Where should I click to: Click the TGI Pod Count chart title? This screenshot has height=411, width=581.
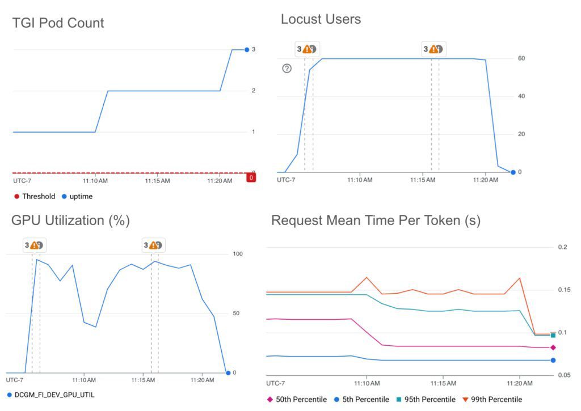tap(58, 23)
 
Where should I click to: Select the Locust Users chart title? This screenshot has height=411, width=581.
tap(321, 19)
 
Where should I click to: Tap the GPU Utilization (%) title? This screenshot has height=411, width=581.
tap(70, 221)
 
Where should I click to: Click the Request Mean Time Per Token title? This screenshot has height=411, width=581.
tap(376, 221)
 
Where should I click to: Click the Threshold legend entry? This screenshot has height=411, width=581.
tap(35, 197)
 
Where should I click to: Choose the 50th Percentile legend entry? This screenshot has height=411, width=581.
tap(297, 399)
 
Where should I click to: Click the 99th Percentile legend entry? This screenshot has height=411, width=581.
tap(494, 399)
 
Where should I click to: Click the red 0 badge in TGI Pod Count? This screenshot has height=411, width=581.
tap(251, 177)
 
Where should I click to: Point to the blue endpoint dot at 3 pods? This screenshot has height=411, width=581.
tap(247, 50)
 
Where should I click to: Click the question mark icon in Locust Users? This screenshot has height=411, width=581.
tap(287, 69)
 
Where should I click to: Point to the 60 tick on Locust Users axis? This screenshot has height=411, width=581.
tap(520, 58)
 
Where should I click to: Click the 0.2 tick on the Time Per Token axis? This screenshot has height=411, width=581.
tap(563, 247)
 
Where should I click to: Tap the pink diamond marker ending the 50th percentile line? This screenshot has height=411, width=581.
tap(553, 348)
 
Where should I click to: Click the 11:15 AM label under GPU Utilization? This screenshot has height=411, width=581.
tap(145, 379)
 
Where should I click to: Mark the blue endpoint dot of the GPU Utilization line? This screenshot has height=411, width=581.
tap(227, 372)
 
